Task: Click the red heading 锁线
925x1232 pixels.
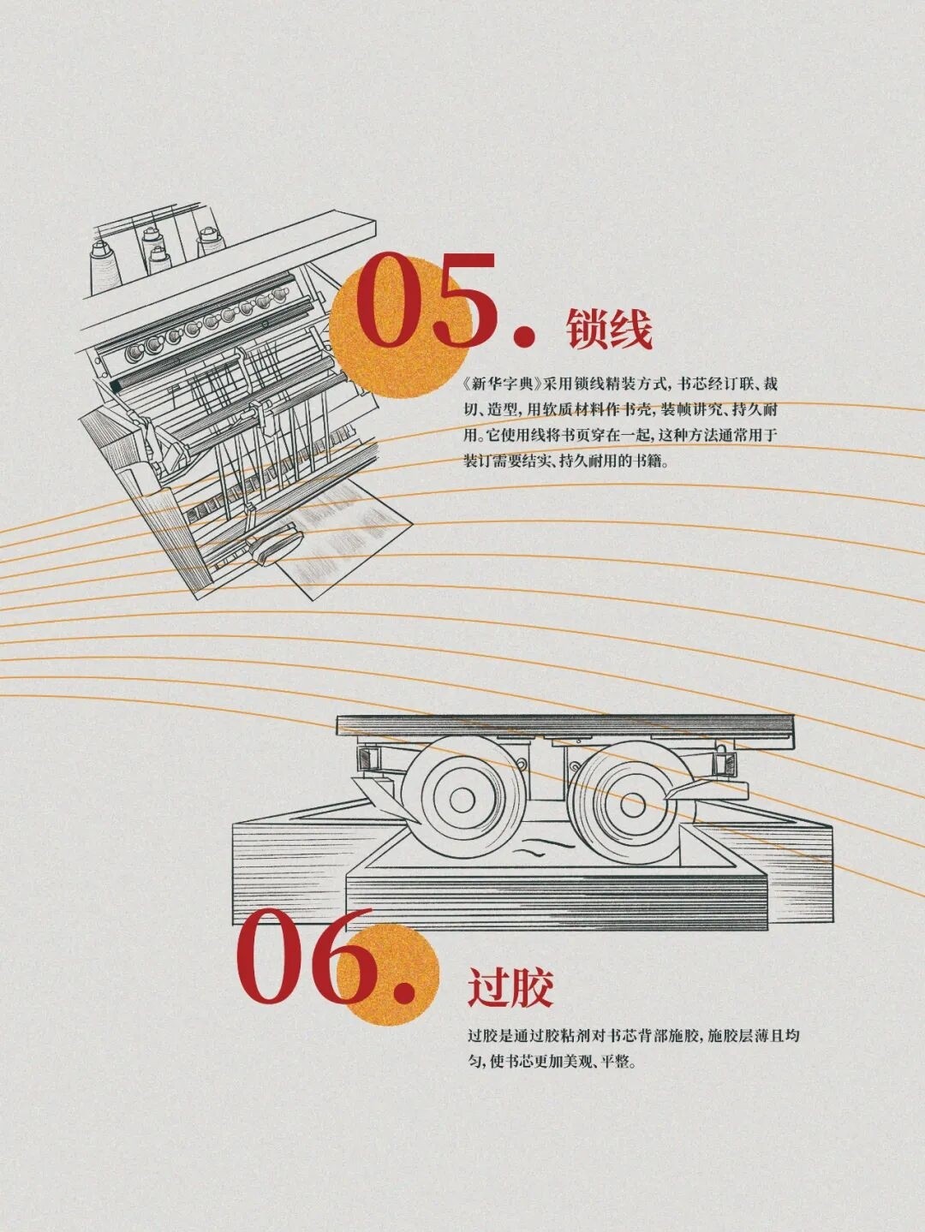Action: (610, 329)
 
